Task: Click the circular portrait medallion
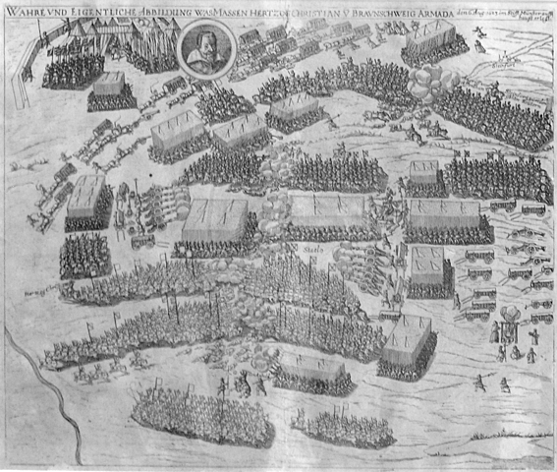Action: [207, 46]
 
